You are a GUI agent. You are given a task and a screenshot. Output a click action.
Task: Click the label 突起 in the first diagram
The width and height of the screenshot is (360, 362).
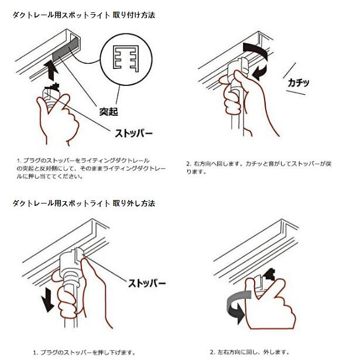pyautogui.click(x=109, y=112)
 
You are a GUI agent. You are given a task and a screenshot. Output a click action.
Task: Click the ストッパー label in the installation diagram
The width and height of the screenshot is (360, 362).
pyautogui.click(x=134, y=133)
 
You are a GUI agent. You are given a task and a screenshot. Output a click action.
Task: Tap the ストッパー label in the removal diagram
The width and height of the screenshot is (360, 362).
pyautogui.click(x=147, y=283)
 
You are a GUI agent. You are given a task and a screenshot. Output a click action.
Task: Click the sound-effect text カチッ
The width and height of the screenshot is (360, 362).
pyautogui.click(x=299, y=82)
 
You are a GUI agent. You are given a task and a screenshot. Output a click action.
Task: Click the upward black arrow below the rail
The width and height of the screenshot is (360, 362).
pyautogui.click(x=51, y=70)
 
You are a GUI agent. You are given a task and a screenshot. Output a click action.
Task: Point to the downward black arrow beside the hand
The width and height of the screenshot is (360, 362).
pyautogui.click(x=47, y=300)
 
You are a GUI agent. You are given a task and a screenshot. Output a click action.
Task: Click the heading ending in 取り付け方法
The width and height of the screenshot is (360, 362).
pyautogui.click(x=84, y=15)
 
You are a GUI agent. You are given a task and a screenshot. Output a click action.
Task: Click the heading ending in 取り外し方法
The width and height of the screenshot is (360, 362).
pyautogui.click(x=84, y=204)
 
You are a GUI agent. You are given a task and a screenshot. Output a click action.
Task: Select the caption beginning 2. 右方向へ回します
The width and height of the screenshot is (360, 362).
pyautogui.click(x=259, y=167)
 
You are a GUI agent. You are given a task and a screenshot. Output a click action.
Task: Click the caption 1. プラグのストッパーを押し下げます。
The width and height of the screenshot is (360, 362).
pyautogui.click(x=84, y=353)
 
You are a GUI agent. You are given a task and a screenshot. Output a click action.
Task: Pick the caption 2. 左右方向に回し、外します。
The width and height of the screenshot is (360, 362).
pyautogui.click(x=250, y=352)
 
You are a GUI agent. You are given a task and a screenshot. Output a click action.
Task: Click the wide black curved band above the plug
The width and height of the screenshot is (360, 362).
pyautogui.click(x=255, y=50)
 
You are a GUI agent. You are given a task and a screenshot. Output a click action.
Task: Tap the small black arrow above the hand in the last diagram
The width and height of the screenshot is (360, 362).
pyautogui.click(x=269, y=274)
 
